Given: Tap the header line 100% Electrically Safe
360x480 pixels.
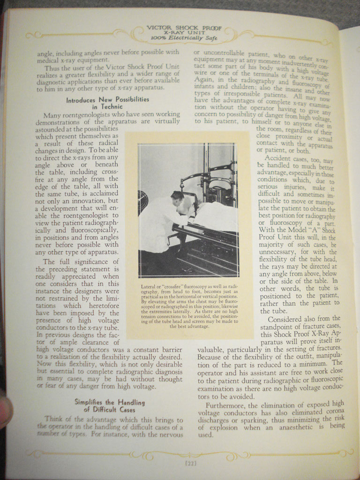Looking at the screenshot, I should [184, 38].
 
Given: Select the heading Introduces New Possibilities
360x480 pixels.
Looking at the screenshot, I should [107, 99].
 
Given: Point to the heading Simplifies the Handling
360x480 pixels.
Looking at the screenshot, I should [110, 402].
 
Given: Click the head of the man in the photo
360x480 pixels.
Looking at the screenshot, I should [177, 196].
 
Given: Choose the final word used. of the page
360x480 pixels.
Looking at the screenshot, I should [205, 435].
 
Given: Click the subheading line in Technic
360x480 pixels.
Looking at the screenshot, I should [107, 107].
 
